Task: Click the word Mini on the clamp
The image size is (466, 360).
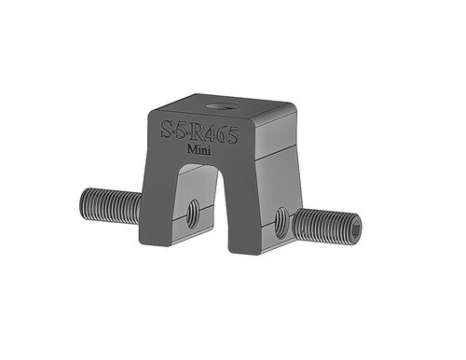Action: pyautogui.click(x=199, y=150)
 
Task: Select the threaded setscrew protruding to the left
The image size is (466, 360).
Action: pyautogui.click(x=111, y=207)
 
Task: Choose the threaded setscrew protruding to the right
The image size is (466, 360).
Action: pyautogui.click(x=326, y=224)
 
